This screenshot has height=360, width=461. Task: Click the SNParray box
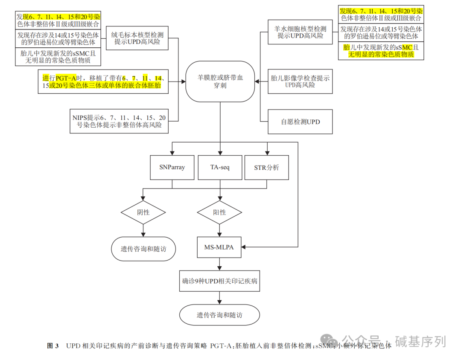(172, 168)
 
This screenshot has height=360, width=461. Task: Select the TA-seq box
(220, 168)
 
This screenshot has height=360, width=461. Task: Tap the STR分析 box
(267, 168)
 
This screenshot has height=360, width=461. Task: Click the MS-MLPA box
(219, 247)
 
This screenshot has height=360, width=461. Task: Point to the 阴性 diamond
(143, 212)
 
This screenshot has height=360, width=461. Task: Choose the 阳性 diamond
(219, 212)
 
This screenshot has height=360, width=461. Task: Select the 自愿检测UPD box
(300, 122)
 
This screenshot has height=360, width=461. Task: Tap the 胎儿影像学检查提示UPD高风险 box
(300, 81)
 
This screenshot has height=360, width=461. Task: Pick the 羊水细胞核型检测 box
(300, 32)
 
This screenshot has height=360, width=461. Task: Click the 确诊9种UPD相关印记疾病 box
(219, 282)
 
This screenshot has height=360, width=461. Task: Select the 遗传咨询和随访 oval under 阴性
(143, 249)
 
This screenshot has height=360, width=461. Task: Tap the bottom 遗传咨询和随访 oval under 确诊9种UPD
(219, 315)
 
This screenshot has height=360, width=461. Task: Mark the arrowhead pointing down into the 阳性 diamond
(219, 199)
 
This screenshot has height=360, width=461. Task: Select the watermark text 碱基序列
(420, 341)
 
